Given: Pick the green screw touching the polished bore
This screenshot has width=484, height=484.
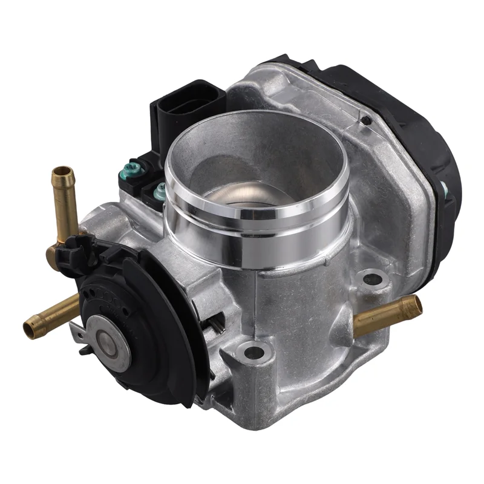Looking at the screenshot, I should click(x=160, y=192).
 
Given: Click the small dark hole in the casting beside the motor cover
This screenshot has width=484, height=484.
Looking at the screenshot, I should click(x=365, y=120).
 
